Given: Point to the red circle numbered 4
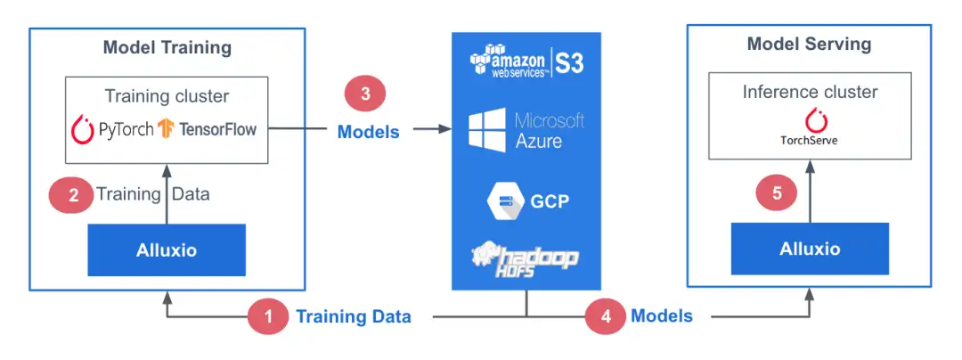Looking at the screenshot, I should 605,316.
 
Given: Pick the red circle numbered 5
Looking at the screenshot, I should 778,196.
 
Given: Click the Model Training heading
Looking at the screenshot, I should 167,47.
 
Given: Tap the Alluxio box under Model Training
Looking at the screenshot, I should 167,250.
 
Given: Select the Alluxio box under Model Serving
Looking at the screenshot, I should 810,249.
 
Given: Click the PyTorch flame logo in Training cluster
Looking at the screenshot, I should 83,130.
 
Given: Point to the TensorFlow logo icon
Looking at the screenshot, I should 165,130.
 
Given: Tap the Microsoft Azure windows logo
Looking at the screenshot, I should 488,130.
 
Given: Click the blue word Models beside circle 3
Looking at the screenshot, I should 368,132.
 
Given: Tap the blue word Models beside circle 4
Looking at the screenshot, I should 661,316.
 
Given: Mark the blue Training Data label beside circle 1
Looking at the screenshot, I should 354,316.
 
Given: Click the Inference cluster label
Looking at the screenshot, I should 810,93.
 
